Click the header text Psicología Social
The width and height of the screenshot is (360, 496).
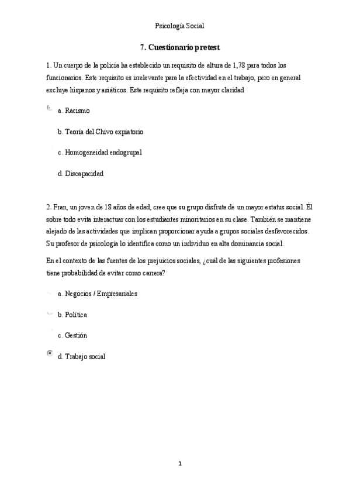click(x=179, y=25)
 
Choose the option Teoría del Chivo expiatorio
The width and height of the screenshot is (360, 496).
click(x=101, y=132)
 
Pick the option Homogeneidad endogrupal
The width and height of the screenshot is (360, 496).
click(x=100, y=153)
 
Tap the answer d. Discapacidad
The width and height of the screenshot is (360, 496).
click(x=81, y=174)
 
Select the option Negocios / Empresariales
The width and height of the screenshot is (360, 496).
click(x=98, y=294)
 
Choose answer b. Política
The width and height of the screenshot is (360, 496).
click(x=72, y=315)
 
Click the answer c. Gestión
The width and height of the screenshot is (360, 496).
click(x=72, y=336)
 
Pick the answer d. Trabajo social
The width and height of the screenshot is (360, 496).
click(x=82, y=356)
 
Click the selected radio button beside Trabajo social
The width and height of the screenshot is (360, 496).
click(x=50, y=353)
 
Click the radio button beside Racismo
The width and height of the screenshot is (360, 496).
click(x=49, y=108)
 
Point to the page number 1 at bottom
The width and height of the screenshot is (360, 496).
click(x=181, y=464)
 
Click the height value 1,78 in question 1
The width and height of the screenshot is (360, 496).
click(x=239, y=65)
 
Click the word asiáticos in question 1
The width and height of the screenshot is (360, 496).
click(x=112, y=91)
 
